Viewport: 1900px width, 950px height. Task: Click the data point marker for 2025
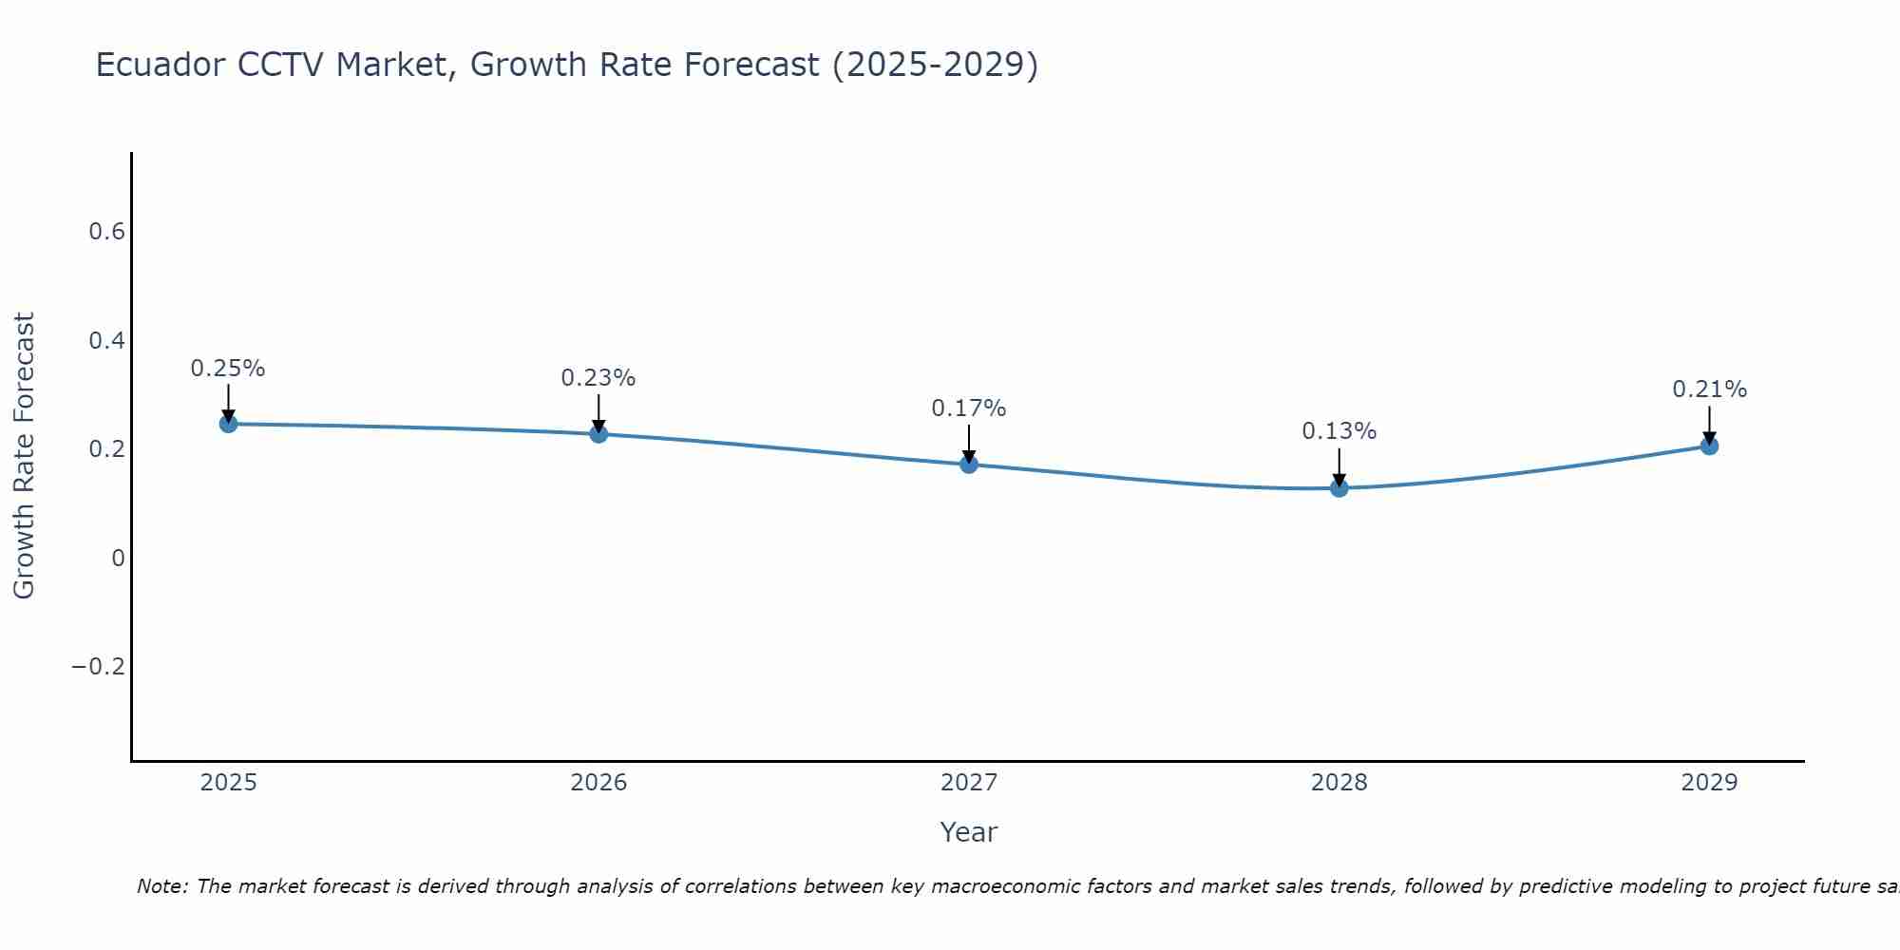pos(228,424)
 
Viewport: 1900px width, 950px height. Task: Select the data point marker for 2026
pos(598,434)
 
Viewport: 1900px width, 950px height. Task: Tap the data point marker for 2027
pos(969,465)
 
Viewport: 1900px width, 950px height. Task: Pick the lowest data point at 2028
pos(1339,488)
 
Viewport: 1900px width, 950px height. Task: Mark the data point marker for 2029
pos(1709,446)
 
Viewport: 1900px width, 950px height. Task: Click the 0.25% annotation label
pos(228,369)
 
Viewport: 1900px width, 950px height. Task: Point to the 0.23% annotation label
pos(598,378)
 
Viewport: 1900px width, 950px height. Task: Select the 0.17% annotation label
pos(969,408)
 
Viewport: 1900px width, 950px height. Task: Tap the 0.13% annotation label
pos(1339,431)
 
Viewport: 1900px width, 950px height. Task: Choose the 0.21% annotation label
pos(1709,389)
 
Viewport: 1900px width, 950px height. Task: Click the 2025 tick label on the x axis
pos(228,783)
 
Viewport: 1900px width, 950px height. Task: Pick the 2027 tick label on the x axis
pos(969,783)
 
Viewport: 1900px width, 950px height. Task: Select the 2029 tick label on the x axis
pos(1709,783)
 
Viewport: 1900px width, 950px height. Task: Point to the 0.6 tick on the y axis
pos(106,232)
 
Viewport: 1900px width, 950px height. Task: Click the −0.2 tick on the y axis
pos(98,667)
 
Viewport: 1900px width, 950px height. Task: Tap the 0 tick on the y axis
pos(118,558)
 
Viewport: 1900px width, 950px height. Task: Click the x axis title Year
pos(968,832)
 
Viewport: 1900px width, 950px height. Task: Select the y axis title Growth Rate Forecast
pos(24,456)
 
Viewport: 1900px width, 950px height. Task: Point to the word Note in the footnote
pos(161,886)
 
